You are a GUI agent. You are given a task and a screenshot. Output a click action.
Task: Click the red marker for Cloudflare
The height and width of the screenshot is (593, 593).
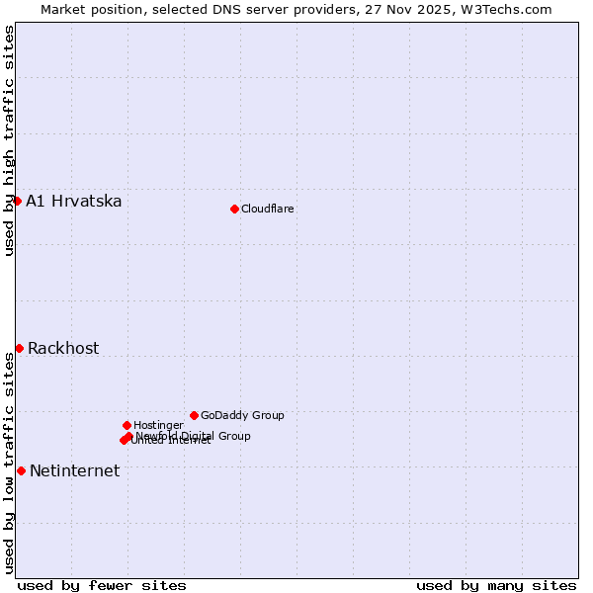[234, 209]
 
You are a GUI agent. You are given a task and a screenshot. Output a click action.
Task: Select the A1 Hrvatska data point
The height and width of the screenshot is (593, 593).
[17, 201]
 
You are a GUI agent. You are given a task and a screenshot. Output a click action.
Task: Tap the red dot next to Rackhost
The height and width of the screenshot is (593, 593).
[19, 348]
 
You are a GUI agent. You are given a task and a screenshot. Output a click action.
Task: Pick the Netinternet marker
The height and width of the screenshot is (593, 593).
[21, 470]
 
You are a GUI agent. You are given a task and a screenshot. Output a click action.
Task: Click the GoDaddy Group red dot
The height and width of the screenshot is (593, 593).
[194, 415]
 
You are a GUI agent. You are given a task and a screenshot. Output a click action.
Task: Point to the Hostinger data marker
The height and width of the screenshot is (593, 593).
[127, 425]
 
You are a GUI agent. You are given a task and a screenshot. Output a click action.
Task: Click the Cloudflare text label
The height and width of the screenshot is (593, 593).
[268, 209]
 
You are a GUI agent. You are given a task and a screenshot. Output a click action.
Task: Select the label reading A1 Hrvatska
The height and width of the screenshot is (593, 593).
[74, 202]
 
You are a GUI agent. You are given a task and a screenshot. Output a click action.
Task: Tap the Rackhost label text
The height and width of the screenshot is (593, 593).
[63, 349]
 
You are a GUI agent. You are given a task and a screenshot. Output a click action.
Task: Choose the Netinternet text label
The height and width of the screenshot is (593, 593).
[74, 471]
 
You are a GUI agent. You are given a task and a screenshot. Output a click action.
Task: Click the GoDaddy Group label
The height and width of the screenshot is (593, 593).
[242, 415]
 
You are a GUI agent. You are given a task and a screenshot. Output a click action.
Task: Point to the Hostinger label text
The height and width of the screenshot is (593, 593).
[158, 425]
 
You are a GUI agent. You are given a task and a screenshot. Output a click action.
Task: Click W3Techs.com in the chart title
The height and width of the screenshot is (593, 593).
[510, 10]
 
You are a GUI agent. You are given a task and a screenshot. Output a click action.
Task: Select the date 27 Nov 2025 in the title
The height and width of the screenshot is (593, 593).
[415, 10]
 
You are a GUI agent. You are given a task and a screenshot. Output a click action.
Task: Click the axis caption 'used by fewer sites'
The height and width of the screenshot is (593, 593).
[102, 586]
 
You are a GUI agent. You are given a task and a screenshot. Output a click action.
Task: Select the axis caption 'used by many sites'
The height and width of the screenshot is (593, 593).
[496, 586]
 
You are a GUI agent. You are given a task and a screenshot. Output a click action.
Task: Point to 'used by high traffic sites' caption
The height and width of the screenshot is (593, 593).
[10, 140]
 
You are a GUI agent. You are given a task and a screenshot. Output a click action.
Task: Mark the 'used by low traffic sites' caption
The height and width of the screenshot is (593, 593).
[10, 463]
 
